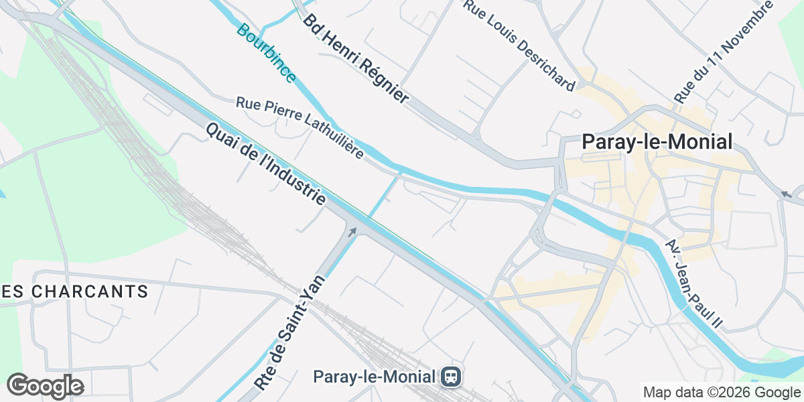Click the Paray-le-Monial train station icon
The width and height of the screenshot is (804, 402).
[450, 377]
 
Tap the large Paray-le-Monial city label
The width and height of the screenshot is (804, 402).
[657, 142]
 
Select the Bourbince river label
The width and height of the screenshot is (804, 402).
[265, 54]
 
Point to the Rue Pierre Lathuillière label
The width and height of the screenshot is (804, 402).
[299, 128]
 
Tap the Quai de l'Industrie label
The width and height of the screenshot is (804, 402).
[266, 164]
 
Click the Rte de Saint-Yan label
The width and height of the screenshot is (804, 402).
[290, 333]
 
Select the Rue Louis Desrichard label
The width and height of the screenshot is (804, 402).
[519, 46]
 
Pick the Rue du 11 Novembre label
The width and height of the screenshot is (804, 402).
[724, 52]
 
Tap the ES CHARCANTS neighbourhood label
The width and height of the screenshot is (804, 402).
[74, 291]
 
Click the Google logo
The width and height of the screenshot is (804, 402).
[45, 386]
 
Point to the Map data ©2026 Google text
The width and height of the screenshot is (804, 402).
[722, 392]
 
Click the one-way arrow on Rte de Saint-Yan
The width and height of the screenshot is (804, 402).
[352, 232]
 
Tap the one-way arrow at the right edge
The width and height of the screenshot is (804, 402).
[785, 194]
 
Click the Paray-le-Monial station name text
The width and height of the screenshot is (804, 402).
[375, 377]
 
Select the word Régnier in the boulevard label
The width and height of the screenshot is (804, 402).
[383, 80]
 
